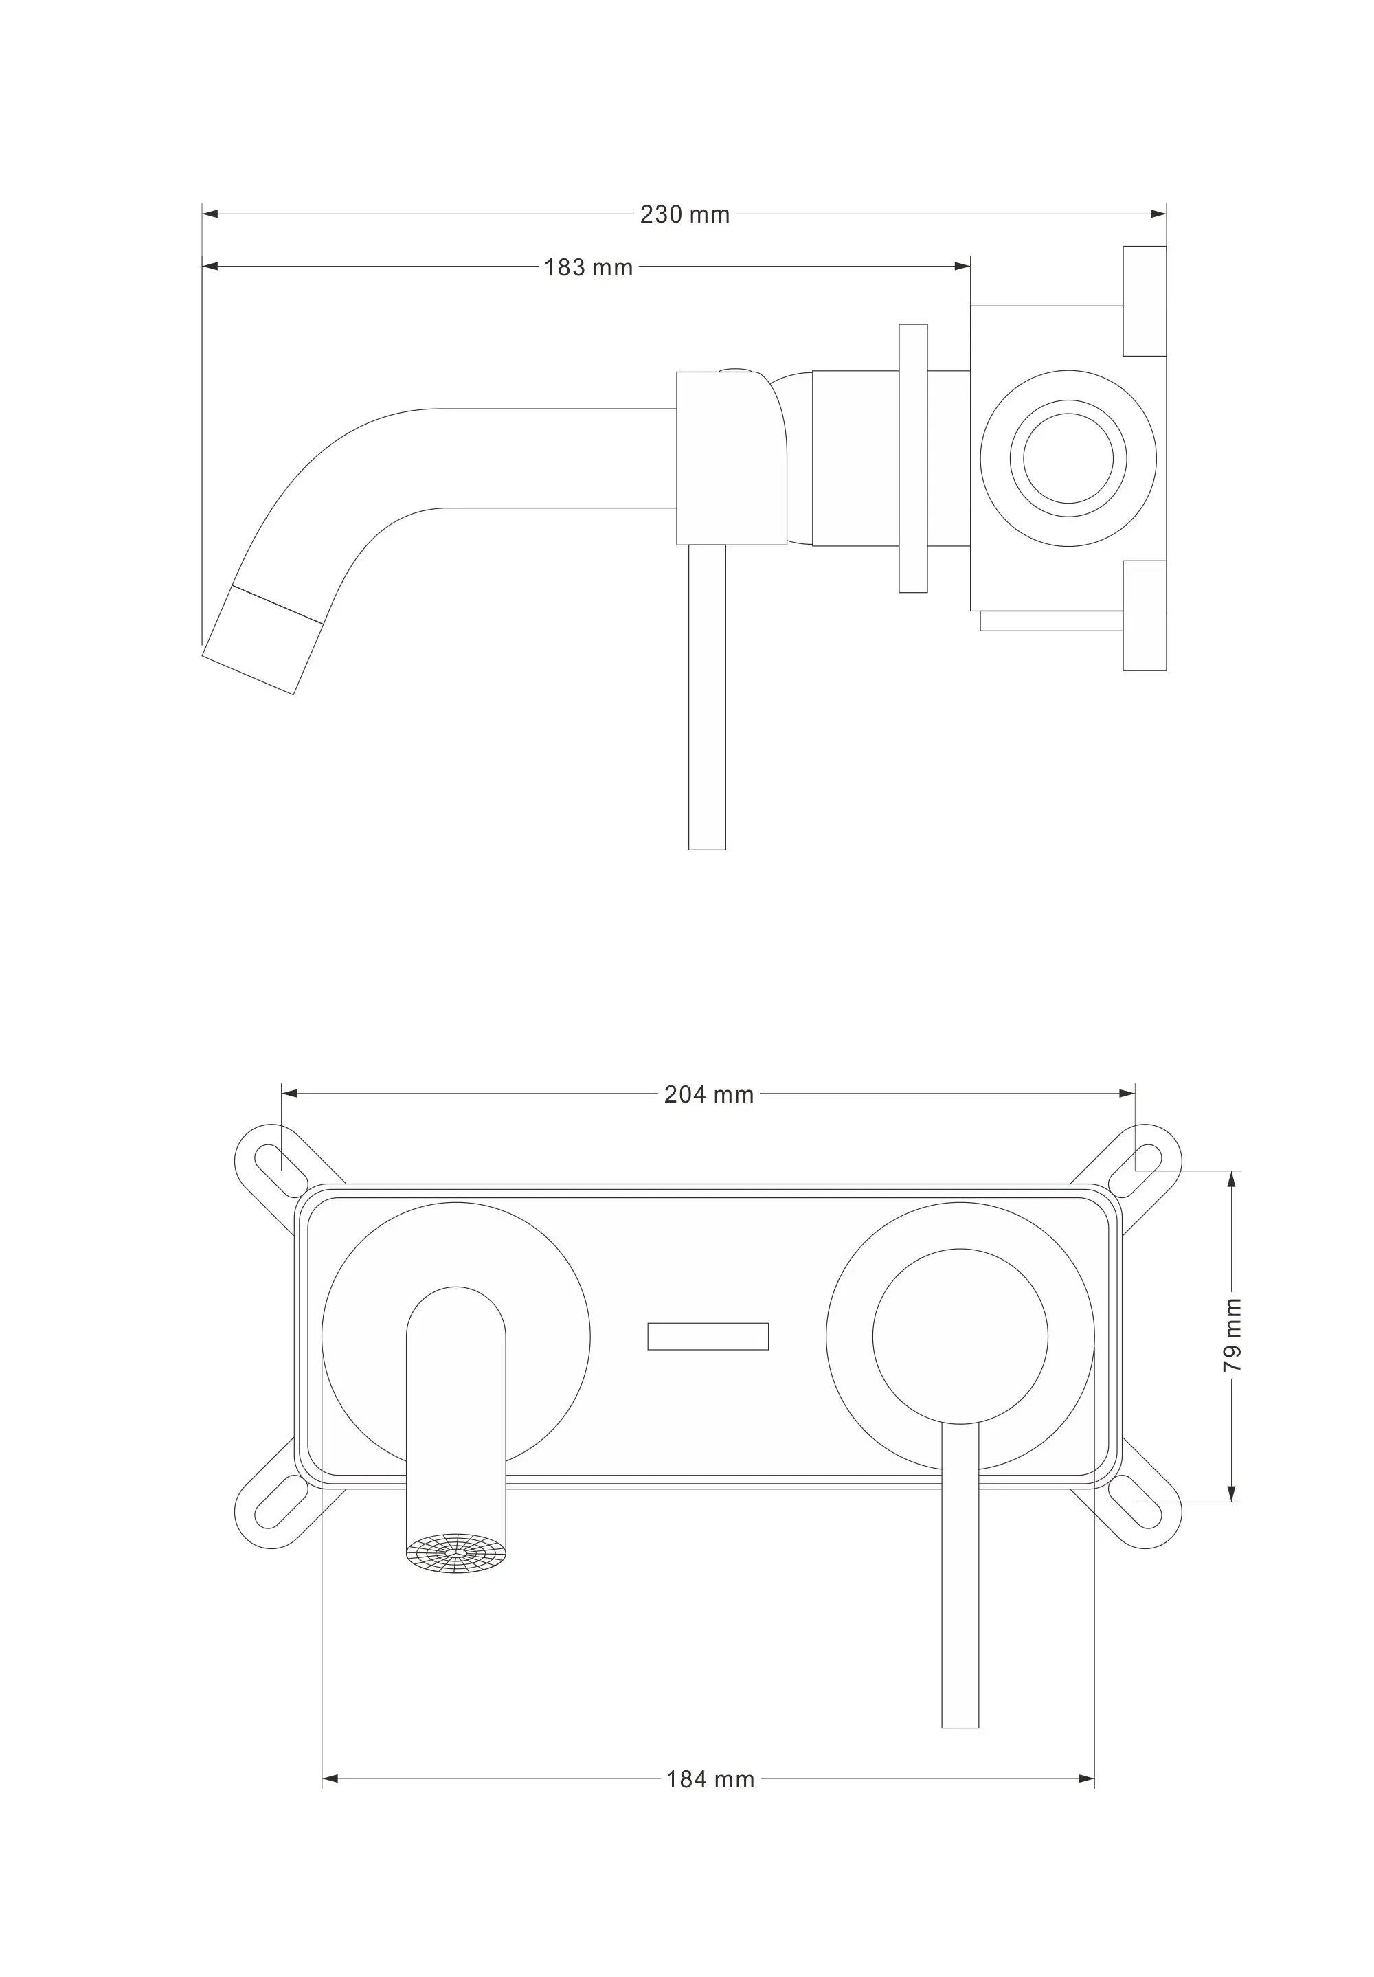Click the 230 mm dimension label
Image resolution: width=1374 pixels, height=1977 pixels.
tap(684, 214)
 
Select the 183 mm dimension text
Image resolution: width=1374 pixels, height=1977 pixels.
tap(588, 268)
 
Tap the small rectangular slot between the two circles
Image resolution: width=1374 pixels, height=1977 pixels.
tap(708, 1337)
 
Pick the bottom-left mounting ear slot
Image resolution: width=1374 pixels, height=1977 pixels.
tap(282, 1502)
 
